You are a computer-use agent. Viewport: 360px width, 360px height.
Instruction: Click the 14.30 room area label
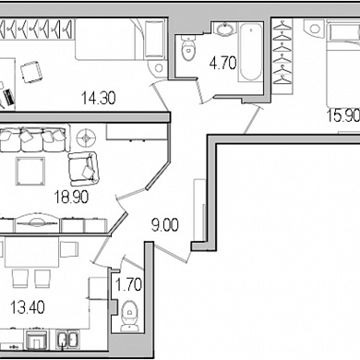99,98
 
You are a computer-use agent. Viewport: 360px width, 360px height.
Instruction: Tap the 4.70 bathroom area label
222,63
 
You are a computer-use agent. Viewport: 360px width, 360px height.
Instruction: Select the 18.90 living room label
71,198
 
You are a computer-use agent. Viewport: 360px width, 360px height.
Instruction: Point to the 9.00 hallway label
165,225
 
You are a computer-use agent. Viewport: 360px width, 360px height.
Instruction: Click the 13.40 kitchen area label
28,307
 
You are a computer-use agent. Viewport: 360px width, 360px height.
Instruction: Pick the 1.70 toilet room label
128,284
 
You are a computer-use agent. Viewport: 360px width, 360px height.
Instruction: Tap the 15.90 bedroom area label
343,116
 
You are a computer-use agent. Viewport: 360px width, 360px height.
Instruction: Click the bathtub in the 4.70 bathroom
251,51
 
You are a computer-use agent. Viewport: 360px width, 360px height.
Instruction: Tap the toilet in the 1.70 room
129,317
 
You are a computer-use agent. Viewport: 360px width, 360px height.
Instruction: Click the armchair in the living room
83,169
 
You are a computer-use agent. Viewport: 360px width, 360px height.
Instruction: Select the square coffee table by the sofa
30,171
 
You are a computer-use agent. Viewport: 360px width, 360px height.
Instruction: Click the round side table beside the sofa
86,138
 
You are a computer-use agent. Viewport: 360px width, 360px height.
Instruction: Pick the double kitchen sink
68,340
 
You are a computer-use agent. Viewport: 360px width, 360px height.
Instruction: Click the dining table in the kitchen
31,252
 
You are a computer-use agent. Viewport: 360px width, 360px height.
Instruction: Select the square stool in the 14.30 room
31,72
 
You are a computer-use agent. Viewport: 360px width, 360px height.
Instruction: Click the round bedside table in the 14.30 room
159,67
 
